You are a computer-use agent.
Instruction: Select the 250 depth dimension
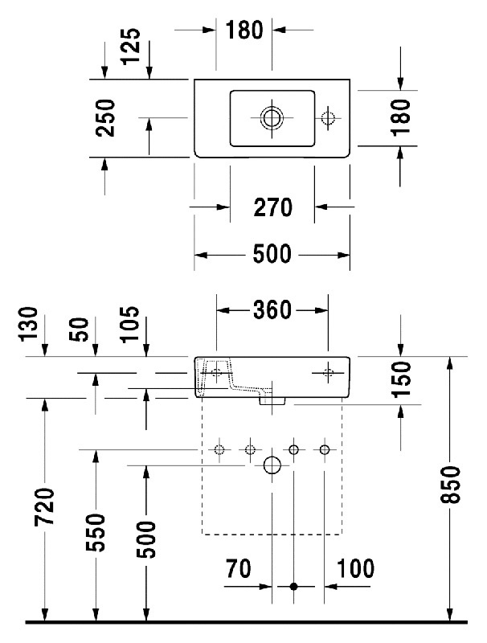[x=105, y=118]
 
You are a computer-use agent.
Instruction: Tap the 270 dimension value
[x=272, y=208]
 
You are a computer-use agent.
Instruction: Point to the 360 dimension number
[x=272, y=310]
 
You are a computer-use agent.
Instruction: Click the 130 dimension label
[x=28, y=325]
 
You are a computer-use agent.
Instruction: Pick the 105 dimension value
[x=129, y=325]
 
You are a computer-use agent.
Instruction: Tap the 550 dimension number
[x=96, y=532]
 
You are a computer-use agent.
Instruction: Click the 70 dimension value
[x=238, y=569]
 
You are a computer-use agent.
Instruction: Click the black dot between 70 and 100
[x=294, y=587]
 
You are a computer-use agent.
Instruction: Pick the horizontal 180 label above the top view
[x=244, y=31]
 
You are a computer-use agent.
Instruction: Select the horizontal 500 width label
[x=272, y=255]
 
